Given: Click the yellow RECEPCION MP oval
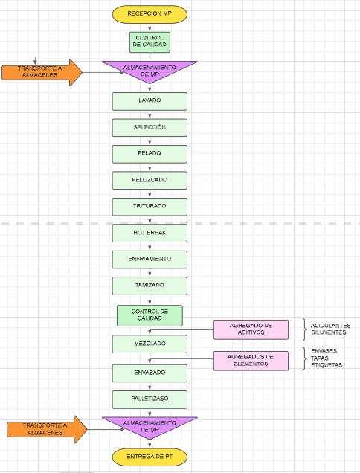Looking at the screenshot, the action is point(150,14).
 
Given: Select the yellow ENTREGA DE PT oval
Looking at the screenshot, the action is point(150,457).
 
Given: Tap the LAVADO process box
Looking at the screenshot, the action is point(150,101).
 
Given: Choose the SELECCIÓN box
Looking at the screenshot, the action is point(150,128).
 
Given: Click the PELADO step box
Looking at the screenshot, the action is point(150,154).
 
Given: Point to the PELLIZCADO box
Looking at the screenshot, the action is point(150,181).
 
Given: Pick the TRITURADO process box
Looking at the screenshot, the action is point(150,207).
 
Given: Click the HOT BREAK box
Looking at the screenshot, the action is point(150,234).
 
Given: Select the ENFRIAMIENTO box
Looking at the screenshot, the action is point(150,260).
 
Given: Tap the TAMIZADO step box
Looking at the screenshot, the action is point(150,286).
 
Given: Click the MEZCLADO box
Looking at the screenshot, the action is point(150,344).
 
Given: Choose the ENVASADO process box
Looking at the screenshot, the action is point(150,373).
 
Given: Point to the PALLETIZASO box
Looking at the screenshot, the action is point(150,399).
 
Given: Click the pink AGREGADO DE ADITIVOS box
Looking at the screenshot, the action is point(251,329).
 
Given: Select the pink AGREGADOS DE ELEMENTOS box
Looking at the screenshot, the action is point(251,361).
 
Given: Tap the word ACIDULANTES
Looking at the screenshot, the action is point(331,326).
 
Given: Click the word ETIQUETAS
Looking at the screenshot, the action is point(327,365).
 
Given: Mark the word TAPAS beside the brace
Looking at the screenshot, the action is point(320,358).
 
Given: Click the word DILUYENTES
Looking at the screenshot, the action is point(329,332).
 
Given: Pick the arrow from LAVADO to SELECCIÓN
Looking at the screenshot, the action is point(150,115).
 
